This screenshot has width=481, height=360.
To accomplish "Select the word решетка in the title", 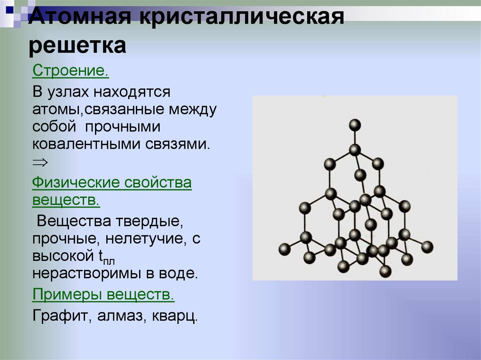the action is (78, 46).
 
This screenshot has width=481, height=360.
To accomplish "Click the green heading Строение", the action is (70, 71).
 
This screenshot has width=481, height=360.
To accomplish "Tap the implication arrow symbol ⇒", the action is (40, 162).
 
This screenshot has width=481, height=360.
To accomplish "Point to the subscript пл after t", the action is (109, 261).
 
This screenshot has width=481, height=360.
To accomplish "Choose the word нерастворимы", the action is (87, 274).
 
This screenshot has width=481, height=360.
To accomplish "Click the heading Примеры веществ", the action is (103, 295).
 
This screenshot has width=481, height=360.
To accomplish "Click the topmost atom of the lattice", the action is (355, 125).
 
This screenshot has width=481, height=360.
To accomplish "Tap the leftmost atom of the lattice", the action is (284, 249).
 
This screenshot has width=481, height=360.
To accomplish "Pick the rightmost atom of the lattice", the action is (427, 247).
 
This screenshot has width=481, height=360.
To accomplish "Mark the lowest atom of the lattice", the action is (385, 272).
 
